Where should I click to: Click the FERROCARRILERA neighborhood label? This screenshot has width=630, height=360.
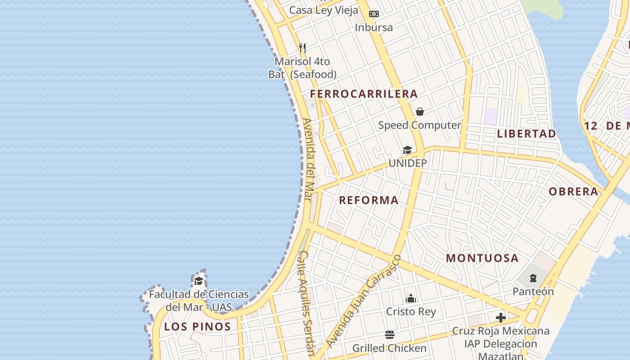pos(364,94)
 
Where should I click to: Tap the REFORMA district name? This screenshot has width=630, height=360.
pos(369,200)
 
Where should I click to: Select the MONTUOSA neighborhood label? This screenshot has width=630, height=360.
pos(482,258)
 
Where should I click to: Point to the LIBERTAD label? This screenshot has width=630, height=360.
pos(526,134)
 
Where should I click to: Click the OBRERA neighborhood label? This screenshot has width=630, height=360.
pos(573,192)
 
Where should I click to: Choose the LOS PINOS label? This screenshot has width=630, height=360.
pos(197,327)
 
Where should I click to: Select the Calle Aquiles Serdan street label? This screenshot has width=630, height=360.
pos(306,303)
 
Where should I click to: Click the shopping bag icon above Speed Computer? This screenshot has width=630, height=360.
pos(420,112)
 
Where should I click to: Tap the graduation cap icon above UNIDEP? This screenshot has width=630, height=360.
pos(407,150)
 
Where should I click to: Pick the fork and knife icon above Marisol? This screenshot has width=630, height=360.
pos(302,48)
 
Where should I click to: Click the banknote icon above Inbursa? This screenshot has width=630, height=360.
pos(373,14)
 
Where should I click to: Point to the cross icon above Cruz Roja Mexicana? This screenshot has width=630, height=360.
pos(501,318)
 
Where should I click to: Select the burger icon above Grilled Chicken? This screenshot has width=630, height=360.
pos(390,335)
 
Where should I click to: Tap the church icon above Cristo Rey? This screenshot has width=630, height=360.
pos(411,298)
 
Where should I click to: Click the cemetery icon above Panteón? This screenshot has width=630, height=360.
pos(533,278)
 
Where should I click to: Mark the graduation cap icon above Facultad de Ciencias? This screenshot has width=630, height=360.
pos(198,281)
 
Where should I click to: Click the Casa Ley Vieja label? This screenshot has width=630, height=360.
pos(324,10)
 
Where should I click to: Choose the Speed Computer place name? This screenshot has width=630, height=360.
pos(419,125)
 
